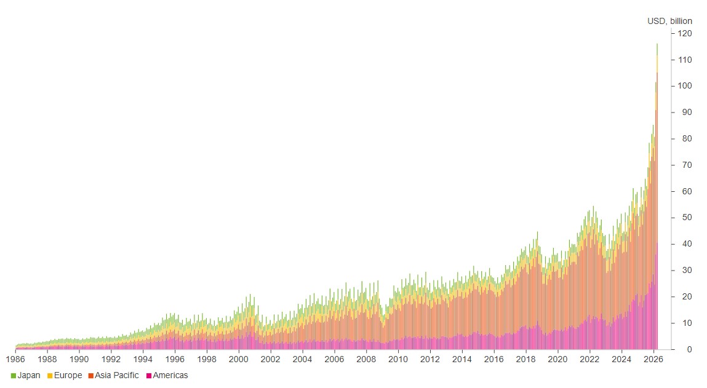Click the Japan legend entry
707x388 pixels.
click(x=26, y=375)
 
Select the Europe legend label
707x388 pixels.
click(x=65, y=375)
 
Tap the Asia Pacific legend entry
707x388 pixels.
click(x=114, y=375)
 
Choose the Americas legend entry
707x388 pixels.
click(x=167, y=375)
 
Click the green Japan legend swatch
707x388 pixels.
click(x=14, y=376)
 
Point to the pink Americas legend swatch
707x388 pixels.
click(x=149, y=376)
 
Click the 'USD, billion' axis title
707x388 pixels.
click(x=669, y=21)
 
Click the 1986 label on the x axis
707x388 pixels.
click(x=15, y=359)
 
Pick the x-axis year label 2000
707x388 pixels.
click(x=239, y=359)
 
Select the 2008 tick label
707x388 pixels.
click(x=366, y=359)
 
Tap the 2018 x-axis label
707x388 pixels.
click(x=525, y=359)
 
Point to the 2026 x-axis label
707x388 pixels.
click(x=653, y=359)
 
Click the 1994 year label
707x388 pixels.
click(x=143, y=359)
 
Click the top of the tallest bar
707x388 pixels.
click(x=657, y=44)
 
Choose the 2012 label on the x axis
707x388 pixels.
click(x=429, y=359)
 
